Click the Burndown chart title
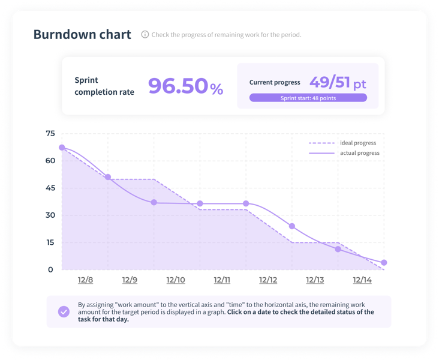coord(82,34)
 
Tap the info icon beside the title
coord(145,35)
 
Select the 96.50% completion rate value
coord(185,86)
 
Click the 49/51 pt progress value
coord(338,83)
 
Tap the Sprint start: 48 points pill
coord(308,98)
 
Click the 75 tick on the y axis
coord(50,133)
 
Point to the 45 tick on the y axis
coord(50,188)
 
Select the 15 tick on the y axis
coord(50,242)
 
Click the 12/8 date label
coord(85,280)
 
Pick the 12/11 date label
coord(222,280)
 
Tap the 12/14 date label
coord(362,280)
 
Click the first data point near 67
coord(62,148)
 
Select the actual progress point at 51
coord(108,177)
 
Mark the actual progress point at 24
coord(292,226)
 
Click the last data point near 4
coord(384,263)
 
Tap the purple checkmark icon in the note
coord(64,311)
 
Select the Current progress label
coord(275,83)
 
